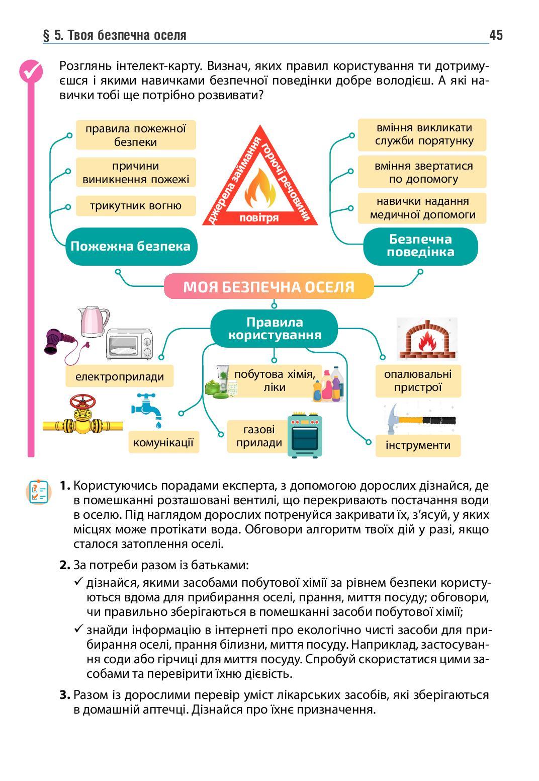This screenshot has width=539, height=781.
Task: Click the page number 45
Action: (x=495, y=35)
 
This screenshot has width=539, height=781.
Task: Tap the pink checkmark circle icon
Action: (x=31, y=71)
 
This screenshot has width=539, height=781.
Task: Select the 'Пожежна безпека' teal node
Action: (x=131, y=246)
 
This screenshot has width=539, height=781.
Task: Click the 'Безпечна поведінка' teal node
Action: (x=420, y=246)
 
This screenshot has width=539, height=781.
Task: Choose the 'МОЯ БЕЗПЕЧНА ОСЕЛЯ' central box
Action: (x=269, y=287)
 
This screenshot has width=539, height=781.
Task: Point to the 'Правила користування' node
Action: (x=274, y=329)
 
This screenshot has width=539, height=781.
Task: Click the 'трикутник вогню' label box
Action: (x=136, y=206)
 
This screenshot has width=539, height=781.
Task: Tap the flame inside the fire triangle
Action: (x=260, y=190)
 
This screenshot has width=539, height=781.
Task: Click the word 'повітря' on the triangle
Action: (x=259, y=218)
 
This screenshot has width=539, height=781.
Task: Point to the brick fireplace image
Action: (x=427, y=338)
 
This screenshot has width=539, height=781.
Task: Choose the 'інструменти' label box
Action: (x=418, y=445)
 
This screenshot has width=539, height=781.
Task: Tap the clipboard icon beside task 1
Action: (x=39, y=492)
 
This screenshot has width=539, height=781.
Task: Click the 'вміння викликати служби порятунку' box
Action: (x=422, y=134)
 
